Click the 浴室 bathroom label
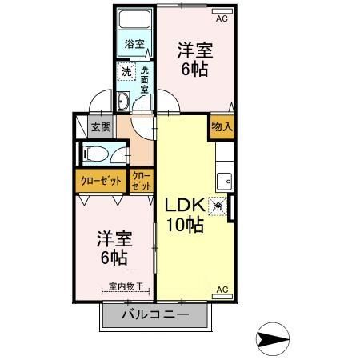[x=134, y=45]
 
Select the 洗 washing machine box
[x=126, y=72]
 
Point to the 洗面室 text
[x=145, y=79]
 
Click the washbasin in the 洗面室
[x=124, y=102]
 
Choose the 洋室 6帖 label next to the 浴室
[x=194, y=58]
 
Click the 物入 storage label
[x=222, y=126]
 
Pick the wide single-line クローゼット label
[x=100, y=181]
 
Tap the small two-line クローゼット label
[x=141, y=181]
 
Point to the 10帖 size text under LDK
[x=185, y=224]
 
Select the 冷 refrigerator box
[x=217, y=206]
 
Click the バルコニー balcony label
[x=155, y=315]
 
